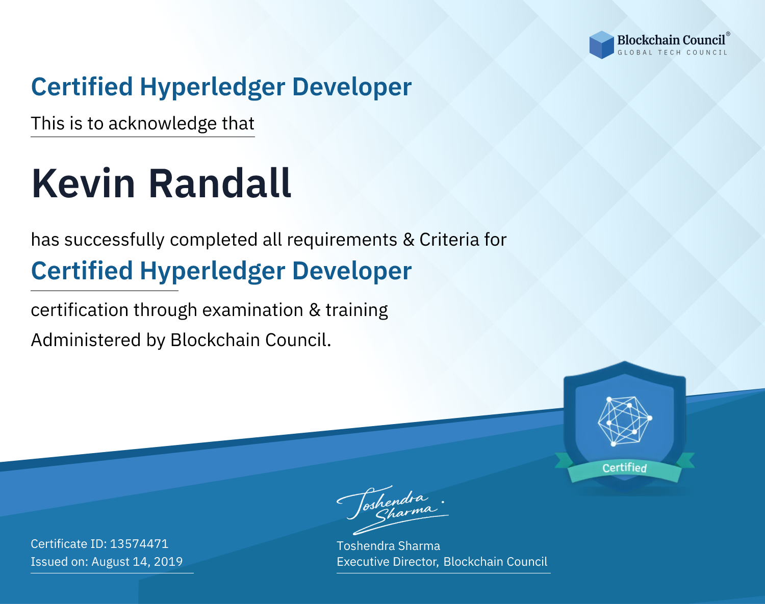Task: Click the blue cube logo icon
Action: (x=601, y=44)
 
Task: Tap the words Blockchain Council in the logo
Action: (x=671, y=40)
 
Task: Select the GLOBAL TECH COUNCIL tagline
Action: (x=673, y=52)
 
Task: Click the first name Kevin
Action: (x=83, y=183)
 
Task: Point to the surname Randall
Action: (x=220, y=183)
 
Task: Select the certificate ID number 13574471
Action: (x=139, y=543)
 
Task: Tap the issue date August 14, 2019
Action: (x=137, y=561)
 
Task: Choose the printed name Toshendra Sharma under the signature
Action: (x=388, y=546)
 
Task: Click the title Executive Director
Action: (x=387, y=562)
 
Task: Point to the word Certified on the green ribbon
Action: (x=624, y=468)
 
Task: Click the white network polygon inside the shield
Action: (x=624, y=421)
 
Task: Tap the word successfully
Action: (x=114, y=240)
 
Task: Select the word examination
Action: (x=253, y=310)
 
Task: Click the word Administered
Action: (x=86, y=340)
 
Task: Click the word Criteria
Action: (x=449, y=240)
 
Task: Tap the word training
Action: (x=356, y=311)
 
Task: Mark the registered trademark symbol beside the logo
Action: (x=728, y=34)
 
